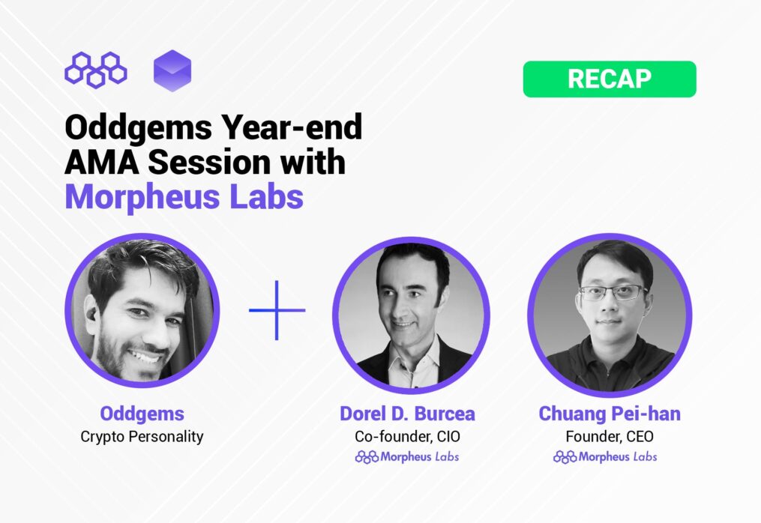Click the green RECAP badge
tap(610, 79)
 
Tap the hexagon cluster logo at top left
tap(96, 70)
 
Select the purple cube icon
tap(172, 71)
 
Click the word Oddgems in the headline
tap(138, 127)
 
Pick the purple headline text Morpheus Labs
tap(184, 197)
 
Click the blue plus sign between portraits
tap(277, 310)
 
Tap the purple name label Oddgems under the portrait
tap(142, 414)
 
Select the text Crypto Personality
tap(142, 437)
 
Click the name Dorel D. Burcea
tap(407, 414)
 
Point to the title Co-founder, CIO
tap(407, 437)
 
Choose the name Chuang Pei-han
tap(610, 414)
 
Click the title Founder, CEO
tap(610, 437)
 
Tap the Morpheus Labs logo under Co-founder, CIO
tap(407, 457)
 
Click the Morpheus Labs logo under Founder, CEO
tap(605, 457)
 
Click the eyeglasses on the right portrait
tap(613, 292)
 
